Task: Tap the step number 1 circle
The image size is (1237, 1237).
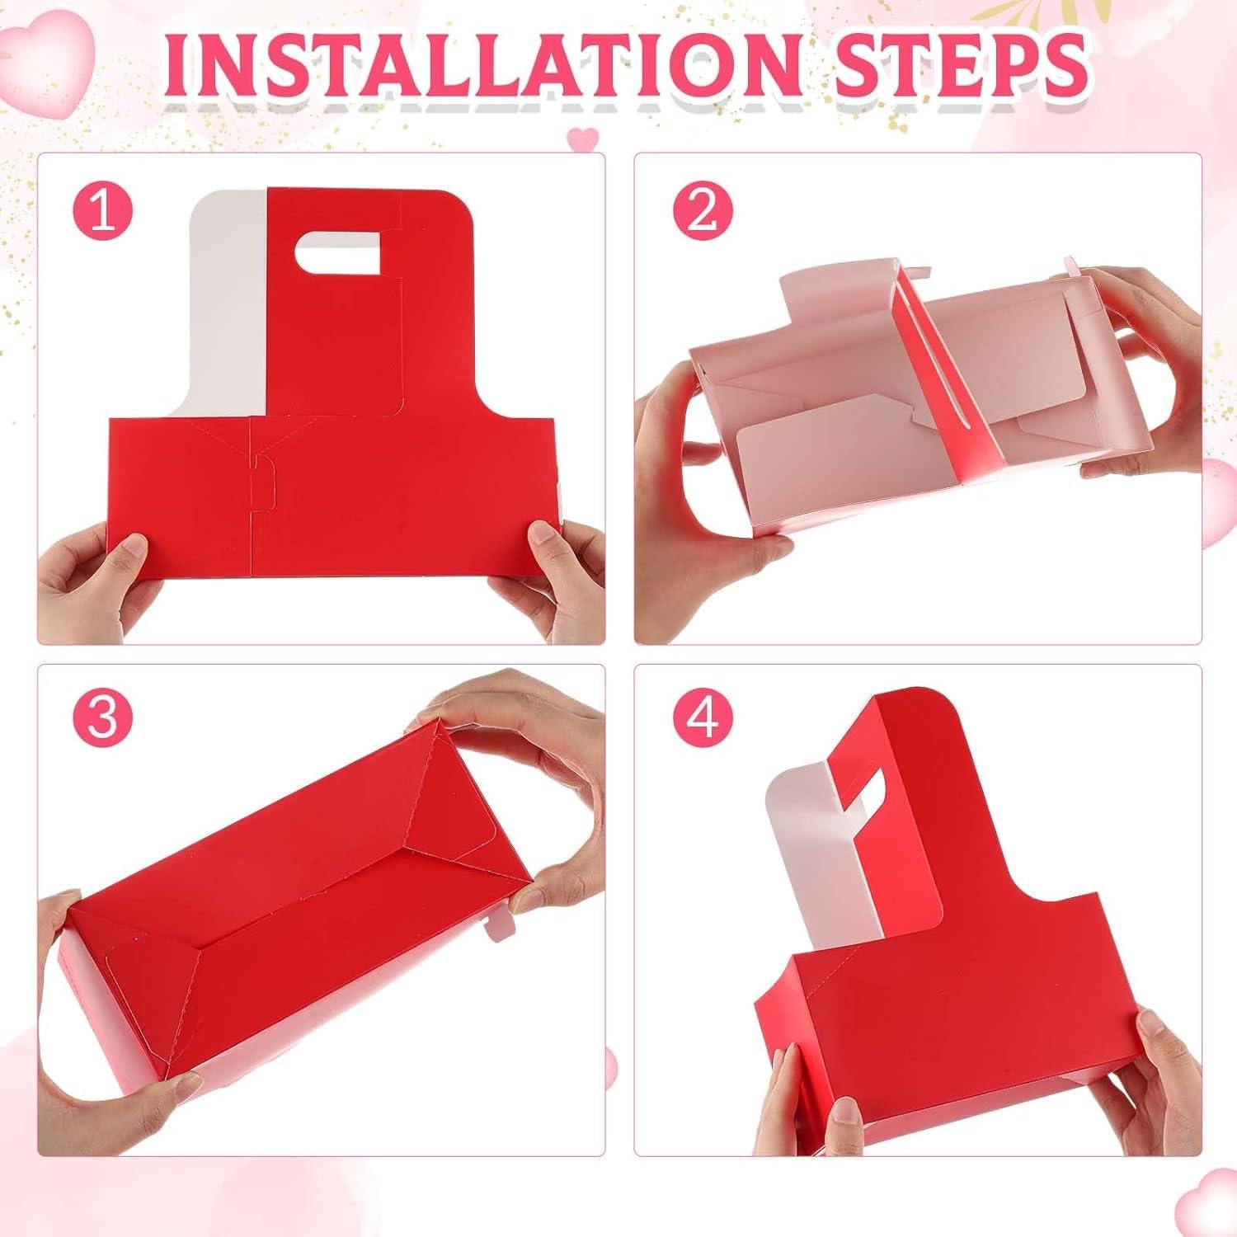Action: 102,211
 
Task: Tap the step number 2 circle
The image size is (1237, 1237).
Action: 702,211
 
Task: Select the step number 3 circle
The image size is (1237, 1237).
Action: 102,717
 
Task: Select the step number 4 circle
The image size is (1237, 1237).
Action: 702,717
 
